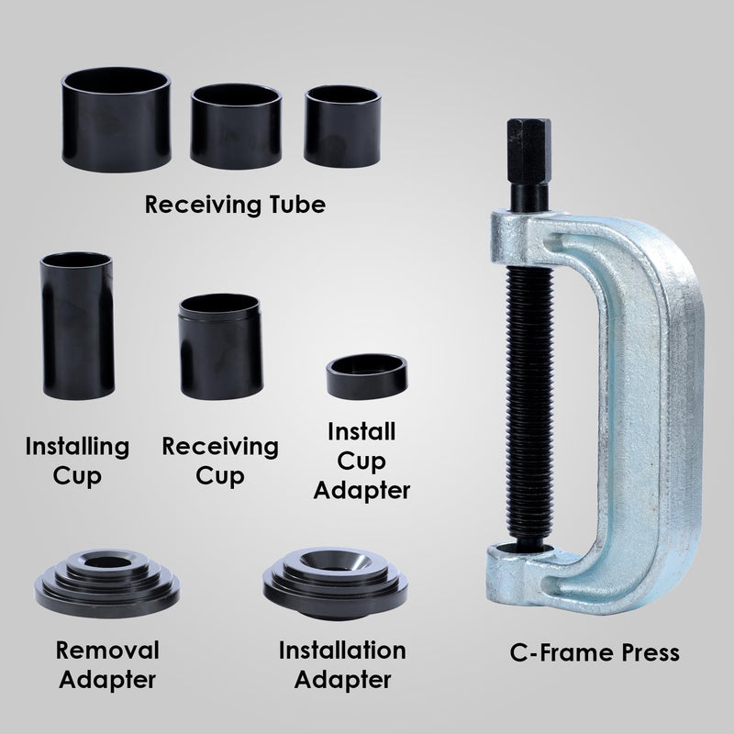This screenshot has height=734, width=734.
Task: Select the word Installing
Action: click(x=77, y=447)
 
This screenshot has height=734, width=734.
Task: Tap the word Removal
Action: click(x=107, y=651)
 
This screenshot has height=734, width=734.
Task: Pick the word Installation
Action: click(x=341, y=651)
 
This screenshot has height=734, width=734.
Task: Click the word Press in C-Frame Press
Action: click(x=647, y=652)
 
